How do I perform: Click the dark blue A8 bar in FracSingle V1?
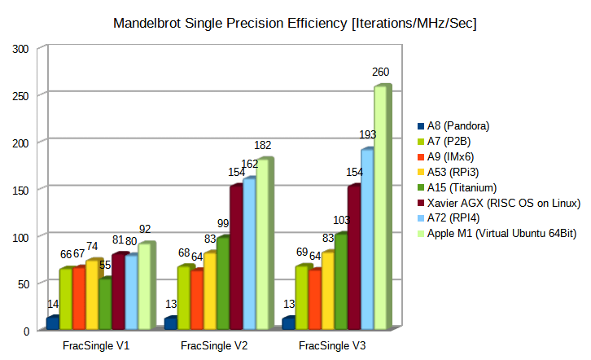(53, 323)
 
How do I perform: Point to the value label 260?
(381, 72)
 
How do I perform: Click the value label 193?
(367, 134)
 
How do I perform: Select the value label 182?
(263, 145)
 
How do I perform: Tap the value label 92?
(145, 230)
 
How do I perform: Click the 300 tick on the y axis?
(21, 48)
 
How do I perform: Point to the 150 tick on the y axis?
(21, 189)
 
